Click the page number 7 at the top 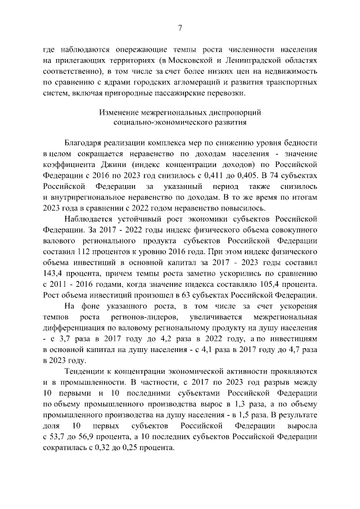coord(180,28)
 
